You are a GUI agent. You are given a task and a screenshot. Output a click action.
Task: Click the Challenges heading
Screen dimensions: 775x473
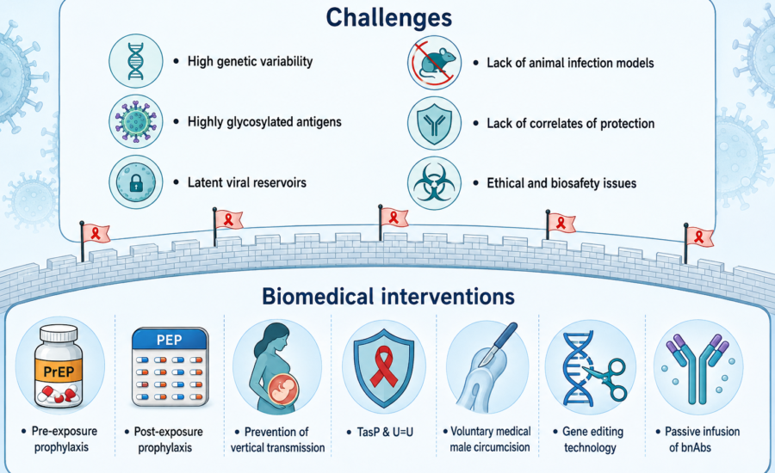coord(389,17)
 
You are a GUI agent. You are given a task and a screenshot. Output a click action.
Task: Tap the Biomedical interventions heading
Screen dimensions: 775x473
coord(388,296)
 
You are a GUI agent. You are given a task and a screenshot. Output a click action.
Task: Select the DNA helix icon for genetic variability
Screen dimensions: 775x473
coord(136,61)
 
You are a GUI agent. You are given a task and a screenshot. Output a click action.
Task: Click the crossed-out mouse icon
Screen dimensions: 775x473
coord(435,63)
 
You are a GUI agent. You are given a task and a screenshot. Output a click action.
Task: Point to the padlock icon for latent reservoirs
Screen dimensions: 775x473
coord(136,182)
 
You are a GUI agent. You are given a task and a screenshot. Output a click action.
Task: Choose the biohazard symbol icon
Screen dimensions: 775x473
coord(435,183)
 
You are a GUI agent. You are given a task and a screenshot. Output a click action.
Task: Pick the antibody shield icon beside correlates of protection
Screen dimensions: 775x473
coord(435,123)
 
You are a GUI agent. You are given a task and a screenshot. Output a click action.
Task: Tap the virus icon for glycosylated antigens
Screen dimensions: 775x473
coord(136,121)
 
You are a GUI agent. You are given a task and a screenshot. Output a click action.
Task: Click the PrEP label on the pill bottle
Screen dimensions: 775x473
coord(59,372)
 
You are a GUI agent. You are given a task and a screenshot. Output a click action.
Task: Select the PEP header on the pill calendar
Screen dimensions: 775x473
coord(170,340)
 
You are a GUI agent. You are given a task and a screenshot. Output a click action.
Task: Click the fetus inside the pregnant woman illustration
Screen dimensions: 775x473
coord(282,387)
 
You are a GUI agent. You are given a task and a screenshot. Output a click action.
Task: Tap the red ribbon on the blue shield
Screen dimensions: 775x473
coord(384,365)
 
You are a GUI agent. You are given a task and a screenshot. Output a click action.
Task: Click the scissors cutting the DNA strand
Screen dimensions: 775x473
coord(608,378)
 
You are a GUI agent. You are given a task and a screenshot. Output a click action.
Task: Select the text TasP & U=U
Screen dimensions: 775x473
coord(380,432)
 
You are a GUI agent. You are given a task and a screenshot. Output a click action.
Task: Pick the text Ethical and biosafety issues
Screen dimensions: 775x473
coord(561,183)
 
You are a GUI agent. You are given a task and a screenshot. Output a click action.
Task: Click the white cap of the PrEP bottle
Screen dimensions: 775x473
coord(59,334)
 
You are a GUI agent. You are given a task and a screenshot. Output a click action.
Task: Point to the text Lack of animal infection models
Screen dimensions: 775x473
coord(570,63)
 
